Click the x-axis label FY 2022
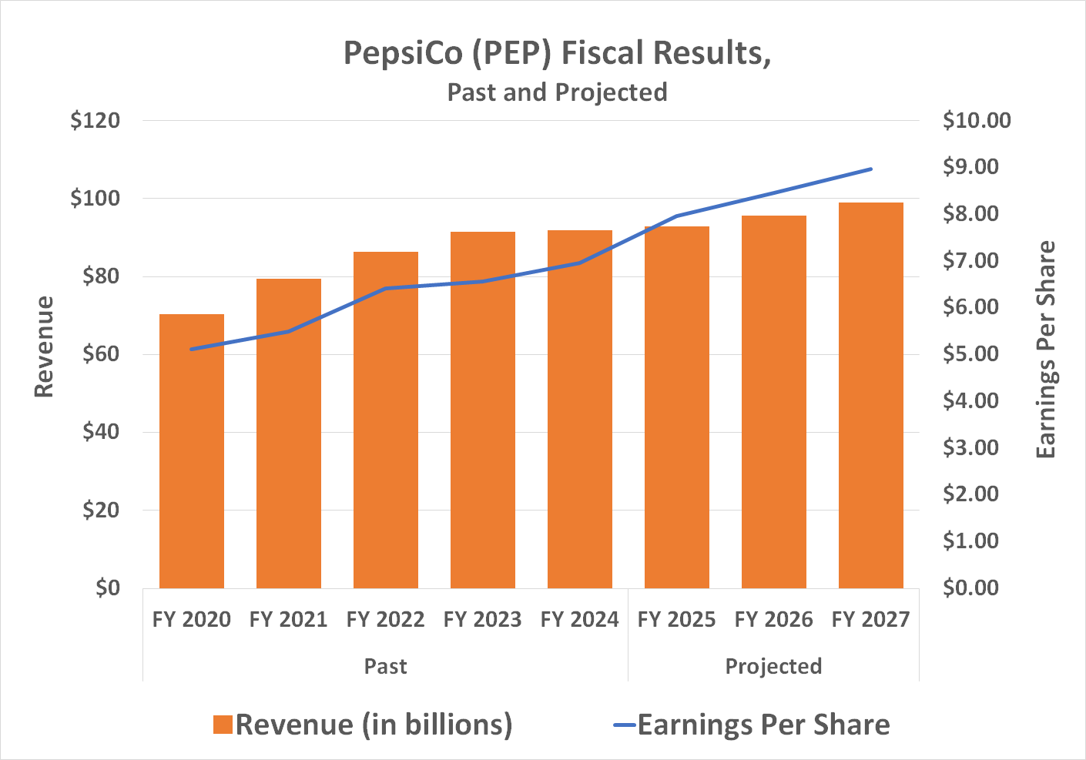tap(385, 619)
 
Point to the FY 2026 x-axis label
tap(773, 619)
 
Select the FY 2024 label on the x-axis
tap(579, 619)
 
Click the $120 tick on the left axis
tap(95, 121)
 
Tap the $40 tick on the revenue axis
tap(101, 432)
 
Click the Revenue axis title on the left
tap(45, 347)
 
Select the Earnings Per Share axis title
tap(1045, 350)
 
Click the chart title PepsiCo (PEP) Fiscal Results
tap(557, 53)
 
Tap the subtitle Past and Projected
tap(557, 92)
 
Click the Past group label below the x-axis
tap(385, 666)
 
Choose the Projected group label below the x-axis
tap(773, 666)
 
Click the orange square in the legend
tap(223, 725)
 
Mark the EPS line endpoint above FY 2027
tap(870, 169)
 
